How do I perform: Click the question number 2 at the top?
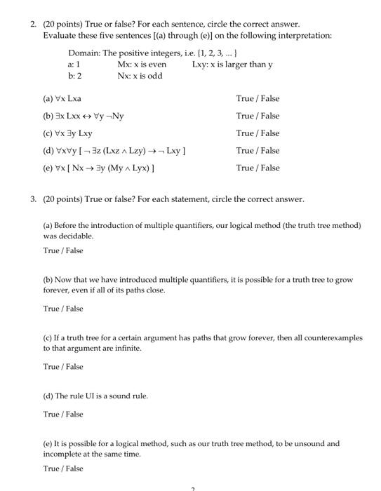tap(33, 24)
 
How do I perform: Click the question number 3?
tap(33, 199)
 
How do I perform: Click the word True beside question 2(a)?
tap(245, 99)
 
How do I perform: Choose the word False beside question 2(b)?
tap(269, 116)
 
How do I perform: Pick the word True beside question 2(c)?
tap(245, 133)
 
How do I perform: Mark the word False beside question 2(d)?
tap(269, 150)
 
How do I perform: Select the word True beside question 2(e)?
tap(245, 168)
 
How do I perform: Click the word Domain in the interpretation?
tap(83, 53)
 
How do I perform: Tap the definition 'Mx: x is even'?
tap(142, 64)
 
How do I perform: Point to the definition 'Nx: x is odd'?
tap(140, 75)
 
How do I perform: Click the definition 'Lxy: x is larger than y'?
tap(232, 64)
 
